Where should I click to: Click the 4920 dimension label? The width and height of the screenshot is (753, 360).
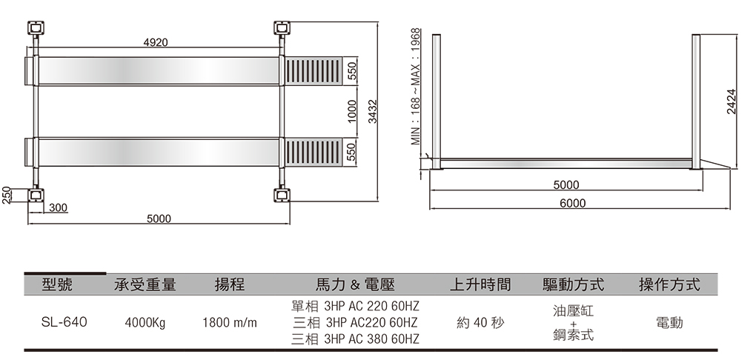156,42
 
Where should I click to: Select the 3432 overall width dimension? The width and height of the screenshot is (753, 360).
373,111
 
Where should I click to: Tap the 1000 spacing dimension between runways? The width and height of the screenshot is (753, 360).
352,111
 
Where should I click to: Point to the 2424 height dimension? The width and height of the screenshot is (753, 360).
732,101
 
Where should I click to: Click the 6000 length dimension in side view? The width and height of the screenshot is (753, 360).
573,204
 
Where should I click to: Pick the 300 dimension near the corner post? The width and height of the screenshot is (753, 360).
58,208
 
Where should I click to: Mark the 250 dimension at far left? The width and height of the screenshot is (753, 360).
6,196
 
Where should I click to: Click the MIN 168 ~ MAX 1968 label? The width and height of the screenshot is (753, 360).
416,87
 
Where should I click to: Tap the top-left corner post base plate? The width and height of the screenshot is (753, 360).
36,28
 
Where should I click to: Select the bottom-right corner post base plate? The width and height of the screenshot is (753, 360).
282,196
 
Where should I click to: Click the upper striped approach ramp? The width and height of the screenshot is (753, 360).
314,71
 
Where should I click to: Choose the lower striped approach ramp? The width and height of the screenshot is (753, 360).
314,152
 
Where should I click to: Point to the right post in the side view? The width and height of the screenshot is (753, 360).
696,101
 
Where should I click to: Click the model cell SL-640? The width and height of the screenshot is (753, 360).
64,322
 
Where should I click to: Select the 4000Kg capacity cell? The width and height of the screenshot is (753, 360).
145,323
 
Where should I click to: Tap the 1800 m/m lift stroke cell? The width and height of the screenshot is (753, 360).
230,323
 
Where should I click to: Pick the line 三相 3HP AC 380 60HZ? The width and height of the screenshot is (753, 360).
355,339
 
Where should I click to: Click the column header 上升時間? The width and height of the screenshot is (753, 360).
480,284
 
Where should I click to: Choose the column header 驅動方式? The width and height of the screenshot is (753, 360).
573,284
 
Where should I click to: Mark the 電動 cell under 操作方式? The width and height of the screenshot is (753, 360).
669,323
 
